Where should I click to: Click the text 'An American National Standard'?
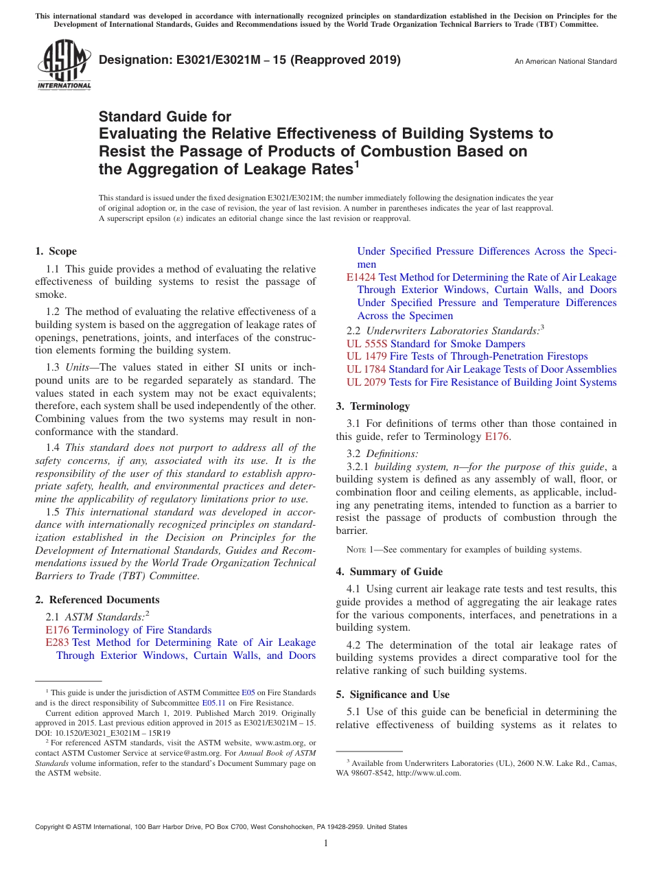pyautogui.click(x=566, y=62)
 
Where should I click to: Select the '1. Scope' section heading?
pyautogui.click(x=56, y=251)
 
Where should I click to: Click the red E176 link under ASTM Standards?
pyautogui.click(x=57, y=630)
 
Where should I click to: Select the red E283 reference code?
pyautogui.click(x=57, y=642)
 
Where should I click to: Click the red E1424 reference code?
pyautogui.click(x=361, y=277)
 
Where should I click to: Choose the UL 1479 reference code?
pyautogui.click(x=366, y=356)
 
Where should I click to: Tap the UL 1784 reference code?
pyautogui.click(x=366, y=369)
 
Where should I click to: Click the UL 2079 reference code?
pyautogui.click(x=366, y=382)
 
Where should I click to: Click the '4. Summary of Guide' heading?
pyautogui.click(x=389, y=572)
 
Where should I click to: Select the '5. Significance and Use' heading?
pyautogui.click(x=393, y=695)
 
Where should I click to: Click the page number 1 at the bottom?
pyautogui.click(x=326, y=843)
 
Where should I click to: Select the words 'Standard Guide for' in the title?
pyautogui.click(x=165, y=117)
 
